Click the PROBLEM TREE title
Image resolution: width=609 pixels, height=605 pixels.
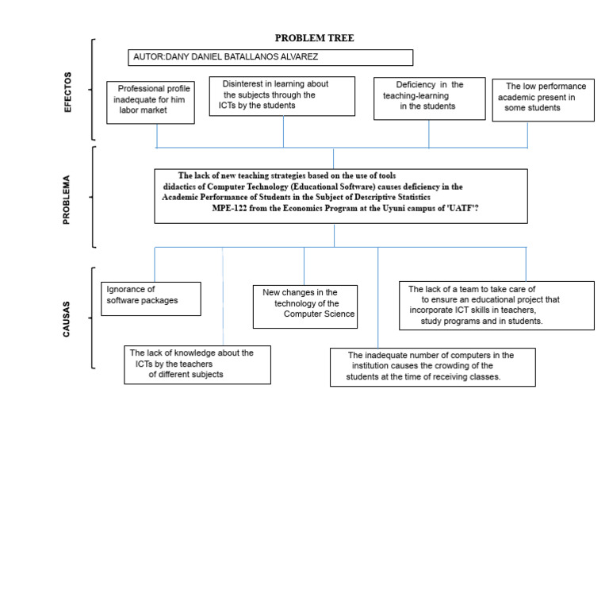click(314, 38)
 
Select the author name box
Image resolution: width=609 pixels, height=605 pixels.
click(270, 57)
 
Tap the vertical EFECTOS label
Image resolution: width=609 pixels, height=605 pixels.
click(67, 92)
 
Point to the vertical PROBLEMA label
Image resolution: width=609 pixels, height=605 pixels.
click(67, 199)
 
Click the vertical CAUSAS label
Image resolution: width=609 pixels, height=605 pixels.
click(67, 319)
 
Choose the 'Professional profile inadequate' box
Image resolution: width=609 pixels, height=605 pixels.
click(151, 102)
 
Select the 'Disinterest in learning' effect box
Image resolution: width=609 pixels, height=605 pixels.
click(282, 96)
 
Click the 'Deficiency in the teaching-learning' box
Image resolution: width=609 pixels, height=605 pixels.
click(430, 98)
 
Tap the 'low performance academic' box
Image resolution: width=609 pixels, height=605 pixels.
click(543, 100)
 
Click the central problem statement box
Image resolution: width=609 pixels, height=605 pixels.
click(341, 196)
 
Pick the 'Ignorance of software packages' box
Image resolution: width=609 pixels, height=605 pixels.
click(151, 299)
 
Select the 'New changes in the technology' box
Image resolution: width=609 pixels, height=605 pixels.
click(305, 306)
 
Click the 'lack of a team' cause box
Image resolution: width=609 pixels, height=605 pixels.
click(496, 306)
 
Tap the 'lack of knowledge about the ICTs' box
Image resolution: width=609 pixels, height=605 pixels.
click(197, 364)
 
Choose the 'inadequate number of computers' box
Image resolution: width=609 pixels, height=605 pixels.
click(433, 367)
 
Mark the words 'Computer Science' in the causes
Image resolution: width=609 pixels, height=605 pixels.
click(319, 314)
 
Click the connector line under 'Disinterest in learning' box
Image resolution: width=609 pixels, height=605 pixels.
click(284, 132)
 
